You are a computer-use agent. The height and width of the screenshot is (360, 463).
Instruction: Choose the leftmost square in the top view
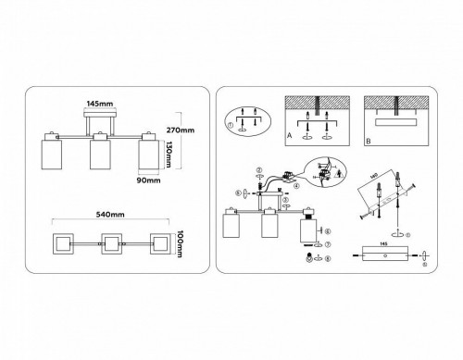point(56,245)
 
